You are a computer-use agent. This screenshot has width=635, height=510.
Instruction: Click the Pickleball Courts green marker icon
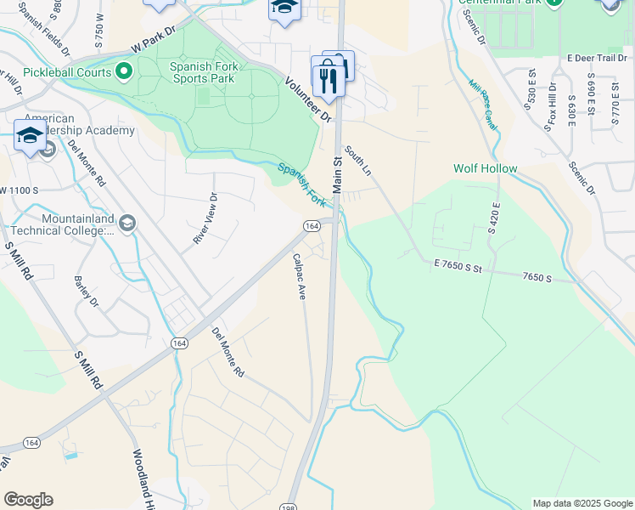click(x=124, y=71)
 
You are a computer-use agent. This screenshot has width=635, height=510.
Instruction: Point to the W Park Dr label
click(x=153, y=39)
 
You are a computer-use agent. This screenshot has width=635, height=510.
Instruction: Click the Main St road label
click(x=337, y=173)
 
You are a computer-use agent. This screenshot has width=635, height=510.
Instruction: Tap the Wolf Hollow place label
click(x=485, y=168)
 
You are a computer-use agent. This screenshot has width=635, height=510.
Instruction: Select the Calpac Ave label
click(x=300, y=275)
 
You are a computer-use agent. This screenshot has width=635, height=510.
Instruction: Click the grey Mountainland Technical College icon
click(x=127, y=224)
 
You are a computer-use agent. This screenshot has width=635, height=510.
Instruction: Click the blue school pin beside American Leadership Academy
click(x=30, y=137)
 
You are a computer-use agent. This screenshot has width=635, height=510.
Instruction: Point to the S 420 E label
click(x=492, y=217)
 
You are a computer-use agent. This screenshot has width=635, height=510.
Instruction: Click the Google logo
click(x=28, y=500)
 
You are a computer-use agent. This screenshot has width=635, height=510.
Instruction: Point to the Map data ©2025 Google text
click(x=582, y=503)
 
